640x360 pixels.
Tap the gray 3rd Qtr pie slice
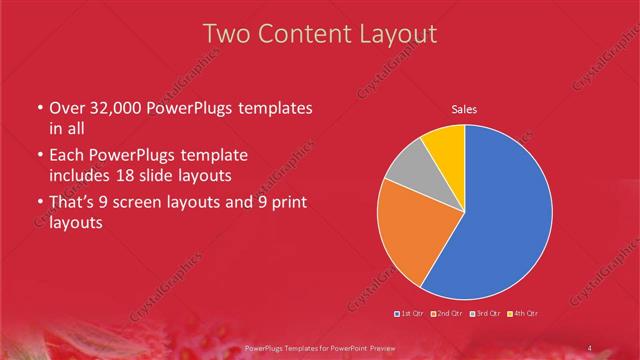tap(408, 171)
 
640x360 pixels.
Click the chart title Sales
tap(464, 108)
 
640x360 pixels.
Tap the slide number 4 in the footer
tap(591, 347)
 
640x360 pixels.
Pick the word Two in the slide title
tap(225, 34)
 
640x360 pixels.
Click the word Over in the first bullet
tap(66, 107)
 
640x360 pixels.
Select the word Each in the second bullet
tap(66, 156)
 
